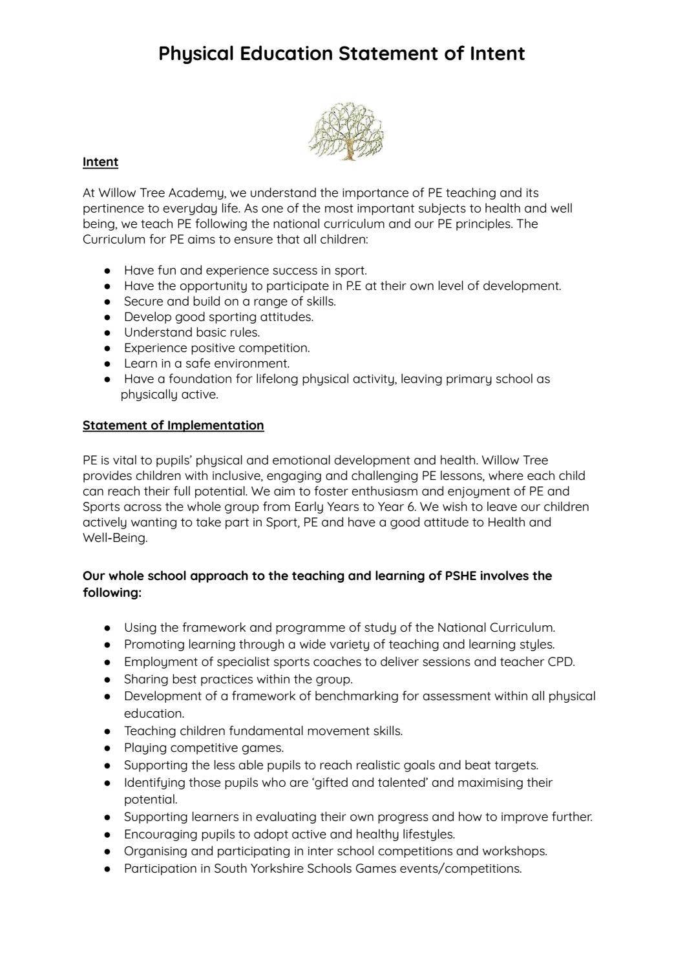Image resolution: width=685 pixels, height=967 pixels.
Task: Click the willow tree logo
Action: [346, 131]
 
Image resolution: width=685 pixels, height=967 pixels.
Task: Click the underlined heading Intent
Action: [100, 162]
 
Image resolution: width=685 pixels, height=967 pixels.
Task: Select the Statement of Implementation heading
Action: [173, 425]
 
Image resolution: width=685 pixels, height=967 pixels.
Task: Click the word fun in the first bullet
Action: [167, 270]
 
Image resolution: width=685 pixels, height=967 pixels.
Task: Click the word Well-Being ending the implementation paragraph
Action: [114, 537]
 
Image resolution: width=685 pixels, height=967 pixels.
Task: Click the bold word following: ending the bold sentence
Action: [112, 592]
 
